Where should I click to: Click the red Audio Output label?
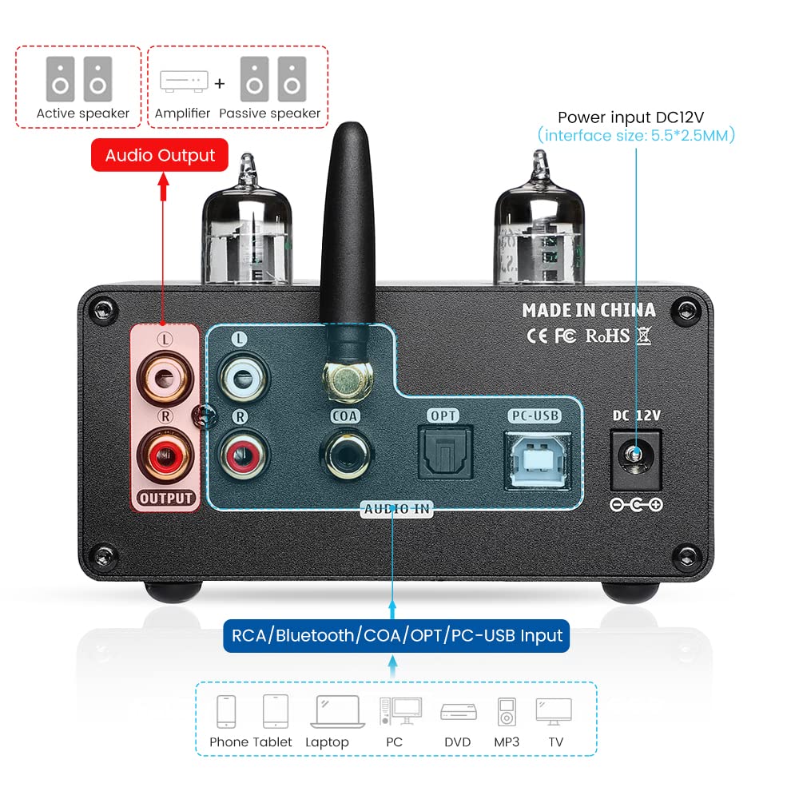click(160, 155)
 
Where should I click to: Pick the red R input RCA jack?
click(239, 453)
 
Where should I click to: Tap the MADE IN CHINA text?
click(588, 310)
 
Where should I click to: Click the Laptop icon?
click(327, 710)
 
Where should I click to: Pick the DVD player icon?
click(458, 711)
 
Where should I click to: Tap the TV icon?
click(554, 710)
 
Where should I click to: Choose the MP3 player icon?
click(507, 711)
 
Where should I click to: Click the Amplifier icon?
click(183, 81)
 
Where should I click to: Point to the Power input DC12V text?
click(636, 117)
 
